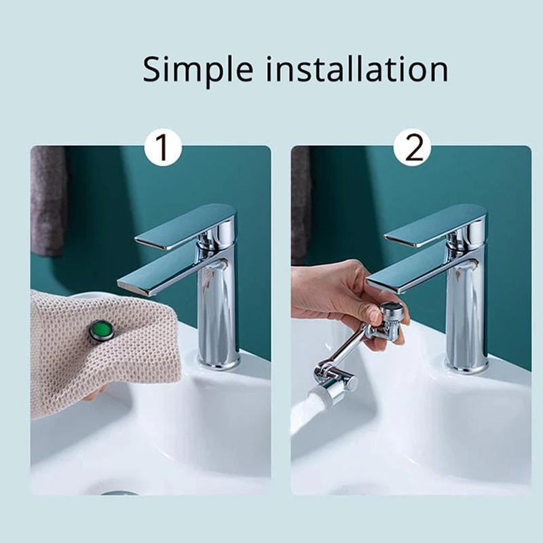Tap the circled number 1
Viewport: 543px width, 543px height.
(x=163, y=149)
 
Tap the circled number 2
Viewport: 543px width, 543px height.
(x=413, y=149)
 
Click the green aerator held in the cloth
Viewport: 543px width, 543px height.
(x=101, y=331)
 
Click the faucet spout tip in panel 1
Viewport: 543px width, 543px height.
(x=136, y=284)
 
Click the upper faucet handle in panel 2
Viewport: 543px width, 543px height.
(x=434, y=227)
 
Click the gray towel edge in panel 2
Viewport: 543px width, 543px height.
(x=299, y=204)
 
